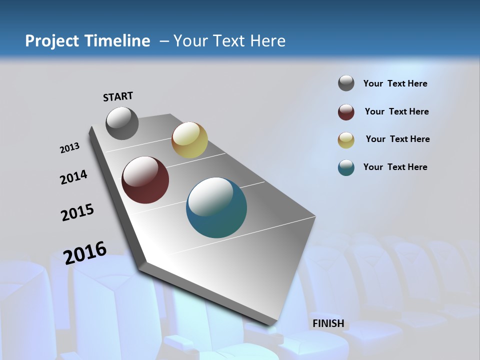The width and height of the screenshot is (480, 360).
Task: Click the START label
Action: pos(118,96)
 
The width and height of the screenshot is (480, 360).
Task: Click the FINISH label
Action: pos(328,323)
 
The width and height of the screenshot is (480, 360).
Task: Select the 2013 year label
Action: pos(69,148)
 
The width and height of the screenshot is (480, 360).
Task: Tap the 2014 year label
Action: pos(73,177)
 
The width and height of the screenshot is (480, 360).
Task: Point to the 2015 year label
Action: pos(77,212)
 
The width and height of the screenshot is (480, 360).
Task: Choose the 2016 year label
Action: pos(85,253)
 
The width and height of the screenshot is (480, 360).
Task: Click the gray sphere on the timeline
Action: pos(122,123)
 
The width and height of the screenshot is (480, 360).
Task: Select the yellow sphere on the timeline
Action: pos(189,140)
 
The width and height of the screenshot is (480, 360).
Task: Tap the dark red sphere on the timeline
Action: pos(145,180)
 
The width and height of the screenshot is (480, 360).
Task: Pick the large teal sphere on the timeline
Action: pos(216,207)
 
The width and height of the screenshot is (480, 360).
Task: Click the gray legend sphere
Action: pos(346,83)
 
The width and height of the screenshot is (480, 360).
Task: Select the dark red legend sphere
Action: pos(346,112)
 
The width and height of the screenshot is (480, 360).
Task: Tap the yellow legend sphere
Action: pos(346,140)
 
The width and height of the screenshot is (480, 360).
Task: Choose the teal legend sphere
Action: pos(346,167)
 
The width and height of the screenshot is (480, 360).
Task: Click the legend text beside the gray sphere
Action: pos(395,83)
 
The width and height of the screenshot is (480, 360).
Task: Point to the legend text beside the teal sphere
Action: pos(395,167)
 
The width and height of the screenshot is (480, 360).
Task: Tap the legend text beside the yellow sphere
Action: pos(397,139)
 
